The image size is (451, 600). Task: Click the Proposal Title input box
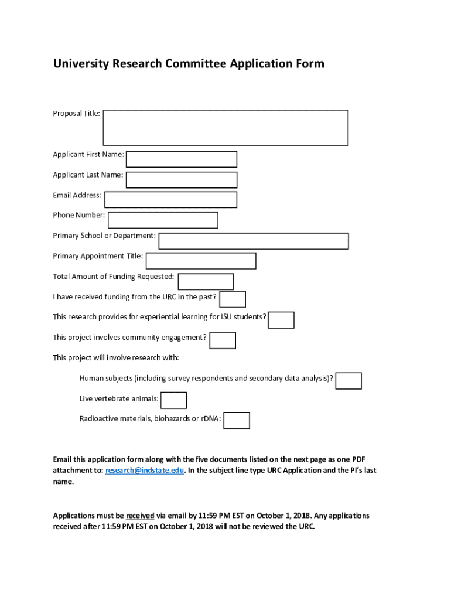[225, 127]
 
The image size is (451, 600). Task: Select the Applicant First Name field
[182, 159]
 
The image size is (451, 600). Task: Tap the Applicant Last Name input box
[182, 180]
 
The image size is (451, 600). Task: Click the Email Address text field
[170, 199]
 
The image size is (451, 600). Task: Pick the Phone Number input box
[163, 220]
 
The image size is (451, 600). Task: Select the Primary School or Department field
[254, 241]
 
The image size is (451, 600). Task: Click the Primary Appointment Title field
[201, 261]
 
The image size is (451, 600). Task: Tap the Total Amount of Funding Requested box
[206, 281]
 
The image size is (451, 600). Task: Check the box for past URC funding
[233, 299]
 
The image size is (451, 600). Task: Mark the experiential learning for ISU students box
[281, 320]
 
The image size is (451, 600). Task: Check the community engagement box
[223, 340]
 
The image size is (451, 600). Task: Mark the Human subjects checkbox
[348, 381]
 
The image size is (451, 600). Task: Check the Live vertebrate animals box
[174, 400]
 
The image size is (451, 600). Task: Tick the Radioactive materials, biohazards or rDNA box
[237, 421]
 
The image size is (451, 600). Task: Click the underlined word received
[140, 516]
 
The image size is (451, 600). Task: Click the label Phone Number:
[79, 215]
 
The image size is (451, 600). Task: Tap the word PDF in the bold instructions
[358, 459]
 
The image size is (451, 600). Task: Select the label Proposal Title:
[77, 113]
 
